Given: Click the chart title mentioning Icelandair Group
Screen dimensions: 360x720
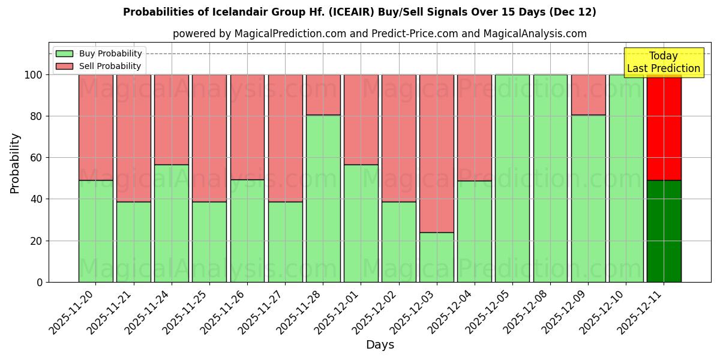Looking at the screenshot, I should coord(359,12).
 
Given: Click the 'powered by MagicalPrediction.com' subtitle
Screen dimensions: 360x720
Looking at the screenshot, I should coord(379,34).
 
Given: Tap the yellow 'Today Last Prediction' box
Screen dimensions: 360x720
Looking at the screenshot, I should coord(663,62).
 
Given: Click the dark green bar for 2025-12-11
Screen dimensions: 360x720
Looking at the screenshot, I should coord(664,231).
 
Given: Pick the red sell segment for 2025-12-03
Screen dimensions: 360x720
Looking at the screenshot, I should coord(436,153).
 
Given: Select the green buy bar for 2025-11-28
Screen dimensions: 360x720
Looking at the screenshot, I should coord(323,198).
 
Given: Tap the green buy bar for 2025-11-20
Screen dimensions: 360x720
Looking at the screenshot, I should coord(95,231).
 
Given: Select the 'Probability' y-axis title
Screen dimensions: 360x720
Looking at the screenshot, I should coord(15,163).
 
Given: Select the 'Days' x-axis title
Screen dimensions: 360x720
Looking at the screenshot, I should coord(380,345).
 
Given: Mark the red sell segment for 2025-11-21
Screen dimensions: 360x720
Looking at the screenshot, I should coord(133,138).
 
